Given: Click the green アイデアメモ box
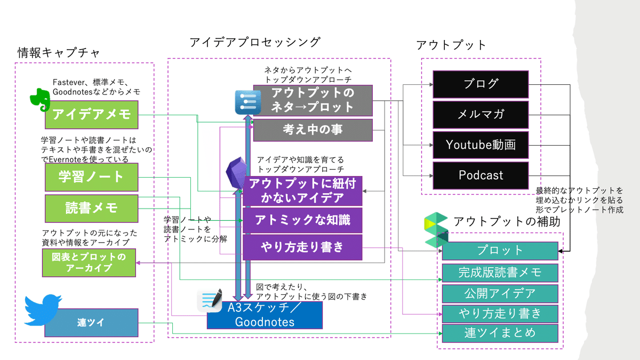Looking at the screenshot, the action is tap(91, 115).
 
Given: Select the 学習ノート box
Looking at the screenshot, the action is tap(91, 177).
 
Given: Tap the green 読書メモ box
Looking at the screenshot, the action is tap(91, 209).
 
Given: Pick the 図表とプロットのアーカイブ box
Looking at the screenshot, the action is tap(89, 263).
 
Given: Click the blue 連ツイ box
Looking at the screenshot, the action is tap(91, 323).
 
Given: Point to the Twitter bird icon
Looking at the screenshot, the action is tap(43, 310).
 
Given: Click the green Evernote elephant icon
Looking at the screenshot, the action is tap(41, 99).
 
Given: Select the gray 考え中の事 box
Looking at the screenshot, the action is tap(313, 130).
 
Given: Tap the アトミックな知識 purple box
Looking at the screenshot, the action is tap(302, 220).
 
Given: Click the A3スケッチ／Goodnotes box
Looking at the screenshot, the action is tap(265, 315).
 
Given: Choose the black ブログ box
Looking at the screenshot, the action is tap(481, 85).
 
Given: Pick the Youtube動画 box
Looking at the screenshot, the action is tap(481, 145).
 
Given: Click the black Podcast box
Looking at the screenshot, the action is tap(481, 175).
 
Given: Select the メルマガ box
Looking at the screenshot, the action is tap(481, 115).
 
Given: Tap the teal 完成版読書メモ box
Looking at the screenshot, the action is tap(500, 273).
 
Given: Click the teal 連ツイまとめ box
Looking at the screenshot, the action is tap(500, 333).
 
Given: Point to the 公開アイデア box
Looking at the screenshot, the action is tap(500, 294).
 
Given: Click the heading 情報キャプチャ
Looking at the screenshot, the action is tap(59, 53).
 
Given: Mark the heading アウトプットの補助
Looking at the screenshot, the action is tap(507, 222).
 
